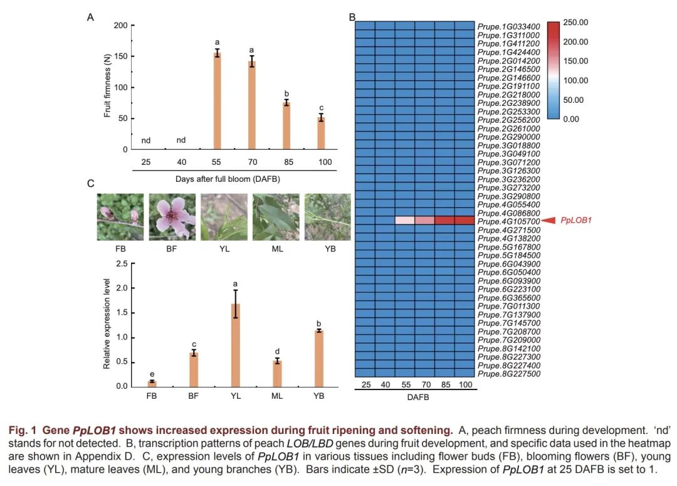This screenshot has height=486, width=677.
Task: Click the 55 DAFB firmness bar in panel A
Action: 217,102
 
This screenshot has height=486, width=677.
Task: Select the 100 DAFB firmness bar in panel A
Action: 321,134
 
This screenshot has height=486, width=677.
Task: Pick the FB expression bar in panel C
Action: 152,383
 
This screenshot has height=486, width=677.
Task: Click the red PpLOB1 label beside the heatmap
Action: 577,221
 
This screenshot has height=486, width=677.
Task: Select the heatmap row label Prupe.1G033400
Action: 508,27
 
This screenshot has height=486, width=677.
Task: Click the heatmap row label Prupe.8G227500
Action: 508,374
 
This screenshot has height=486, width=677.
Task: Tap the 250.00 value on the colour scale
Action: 575,23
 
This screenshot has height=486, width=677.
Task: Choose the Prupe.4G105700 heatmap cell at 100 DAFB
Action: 464,221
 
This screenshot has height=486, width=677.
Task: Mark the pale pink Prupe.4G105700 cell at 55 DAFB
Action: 405,221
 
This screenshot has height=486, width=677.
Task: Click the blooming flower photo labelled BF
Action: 172,217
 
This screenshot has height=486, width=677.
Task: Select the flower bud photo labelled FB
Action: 120,217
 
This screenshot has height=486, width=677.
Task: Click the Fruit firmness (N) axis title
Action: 107,86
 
